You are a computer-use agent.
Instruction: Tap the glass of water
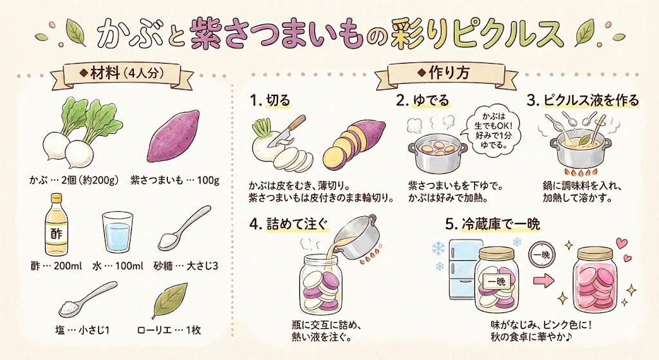pos(118,232)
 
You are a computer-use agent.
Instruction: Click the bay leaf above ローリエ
pos(169,301)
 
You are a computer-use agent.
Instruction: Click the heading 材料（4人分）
pos(122,75)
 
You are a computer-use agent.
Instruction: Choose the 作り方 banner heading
pos(445,74)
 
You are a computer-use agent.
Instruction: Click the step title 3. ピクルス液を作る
pos(583,101)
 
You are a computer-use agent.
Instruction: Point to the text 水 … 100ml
pos(118,266)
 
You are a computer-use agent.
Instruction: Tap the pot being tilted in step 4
pos(355,237)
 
